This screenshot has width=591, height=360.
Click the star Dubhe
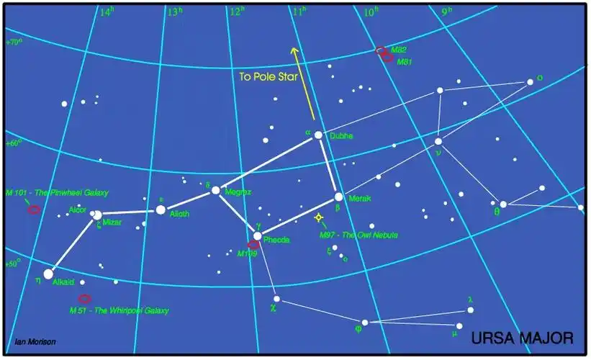pyautogui.click(x=318, y=135)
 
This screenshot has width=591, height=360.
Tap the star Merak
pyautogui.click(x=338, y=197)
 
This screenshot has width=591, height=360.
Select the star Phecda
pyautogui.click(x=257, y=235)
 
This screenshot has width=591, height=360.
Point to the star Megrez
pyautogui.click(x=215, y=191)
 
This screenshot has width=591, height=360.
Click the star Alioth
pyautogui.click(x=161, y=210)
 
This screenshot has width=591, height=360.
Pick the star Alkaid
pyautogui.click(x=48, y=274)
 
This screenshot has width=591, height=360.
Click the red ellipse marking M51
pyautogui.click(x=84, y=298)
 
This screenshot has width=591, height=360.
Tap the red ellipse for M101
pyautogui.click(x=33, y=210)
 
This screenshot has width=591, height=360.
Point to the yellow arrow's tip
pyautogui.click(x=293, y=48)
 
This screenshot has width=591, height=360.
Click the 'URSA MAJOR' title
pyautogui.click(x=522, y=337)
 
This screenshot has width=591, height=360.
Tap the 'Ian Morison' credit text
pyautogui.click(x=35, y=341)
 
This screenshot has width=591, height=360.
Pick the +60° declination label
pyautogui.click(x=14, y=143)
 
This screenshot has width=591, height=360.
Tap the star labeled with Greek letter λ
pyautogui.click(x=471, y=310)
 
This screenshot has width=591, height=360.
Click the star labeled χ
pyautogui.click(x=276, y=298)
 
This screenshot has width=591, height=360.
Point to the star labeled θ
pyautogui.click(x=503, y=204)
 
